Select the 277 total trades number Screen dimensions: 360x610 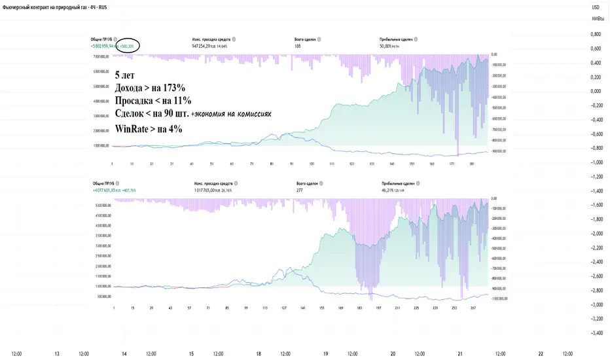point(300,190)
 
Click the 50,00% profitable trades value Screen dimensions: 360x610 point(387,46)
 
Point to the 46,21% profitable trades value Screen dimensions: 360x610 point(387,190)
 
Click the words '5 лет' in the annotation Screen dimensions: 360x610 point(126,75)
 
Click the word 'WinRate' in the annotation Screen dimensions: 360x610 point(132,129)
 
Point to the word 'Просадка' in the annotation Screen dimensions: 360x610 point(137,101)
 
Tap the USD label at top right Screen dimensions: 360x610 point(595,7)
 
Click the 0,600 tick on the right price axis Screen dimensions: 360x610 point(596,48)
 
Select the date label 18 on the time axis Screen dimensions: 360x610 point(259,353)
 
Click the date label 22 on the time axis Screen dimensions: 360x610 point(540,353)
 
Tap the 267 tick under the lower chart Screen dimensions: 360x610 point(473,306)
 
